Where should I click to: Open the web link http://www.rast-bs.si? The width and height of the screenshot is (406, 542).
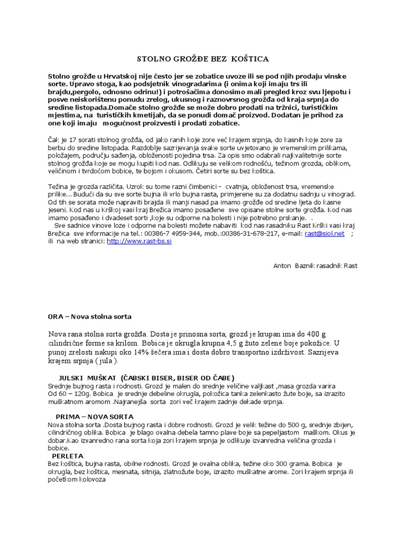(x=139, y=241)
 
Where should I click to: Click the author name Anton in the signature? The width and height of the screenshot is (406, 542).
(x=282, y=266)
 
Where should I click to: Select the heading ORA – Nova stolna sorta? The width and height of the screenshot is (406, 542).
(x=89, y=316)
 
